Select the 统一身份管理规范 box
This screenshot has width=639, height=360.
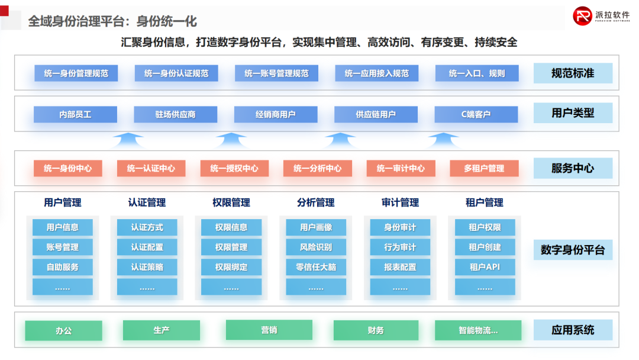click(x=76, y=73)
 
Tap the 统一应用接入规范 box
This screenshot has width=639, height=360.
click(x=377, y=73)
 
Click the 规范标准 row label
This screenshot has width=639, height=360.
click(x=572, y=73)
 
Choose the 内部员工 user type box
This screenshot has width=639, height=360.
click(x=75, y=114)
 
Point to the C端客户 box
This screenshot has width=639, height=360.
click(x=476, y=114)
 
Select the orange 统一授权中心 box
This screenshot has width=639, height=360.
click(x=234, y=168)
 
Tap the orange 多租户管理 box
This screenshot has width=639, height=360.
click(x=484, y=168)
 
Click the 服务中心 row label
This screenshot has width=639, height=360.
click(x=572, y=168)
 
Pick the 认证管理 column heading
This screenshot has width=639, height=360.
click(x=147, y=202)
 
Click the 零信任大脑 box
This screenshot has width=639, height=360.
click(x=316, y=267)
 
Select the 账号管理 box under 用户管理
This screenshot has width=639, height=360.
click(x=63, y=247)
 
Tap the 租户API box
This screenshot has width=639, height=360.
click(x=485, y=267)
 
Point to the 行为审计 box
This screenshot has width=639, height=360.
click(x=400, y=247)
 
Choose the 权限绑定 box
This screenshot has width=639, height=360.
click(x=231, y=267)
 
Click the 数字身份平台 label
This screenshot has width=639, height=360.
click(x=572, y=250)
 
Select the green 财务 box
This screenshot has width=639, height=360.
click(x=375, y=330)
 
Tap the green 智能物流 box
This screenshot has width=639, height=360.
click(x=478, y=330)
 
